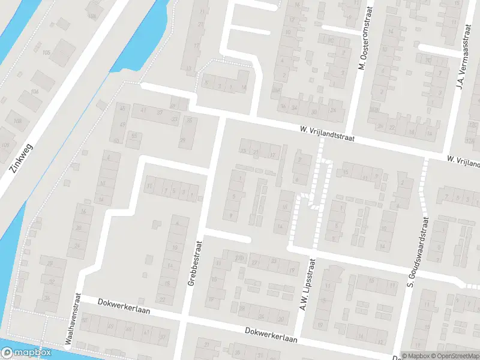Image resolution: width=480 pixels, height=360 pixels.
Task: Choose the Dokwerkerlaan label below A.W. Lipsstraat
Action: [x=271, y=334]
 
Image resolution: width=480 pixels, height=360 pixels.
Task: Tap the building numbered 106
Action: [x=35, y=91]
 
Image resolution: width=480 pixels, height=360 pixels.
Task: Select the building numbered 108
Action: [x=17, y=121]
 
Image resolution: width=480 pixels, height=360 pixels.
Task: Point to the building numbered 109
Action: [x=5, y=145]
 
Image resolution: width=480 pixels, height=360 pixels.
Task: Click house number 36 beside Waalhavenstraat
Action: [x=46, y=298]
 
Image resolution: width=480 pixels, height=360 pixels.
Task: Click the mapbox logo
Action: [x=26, y=353]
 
